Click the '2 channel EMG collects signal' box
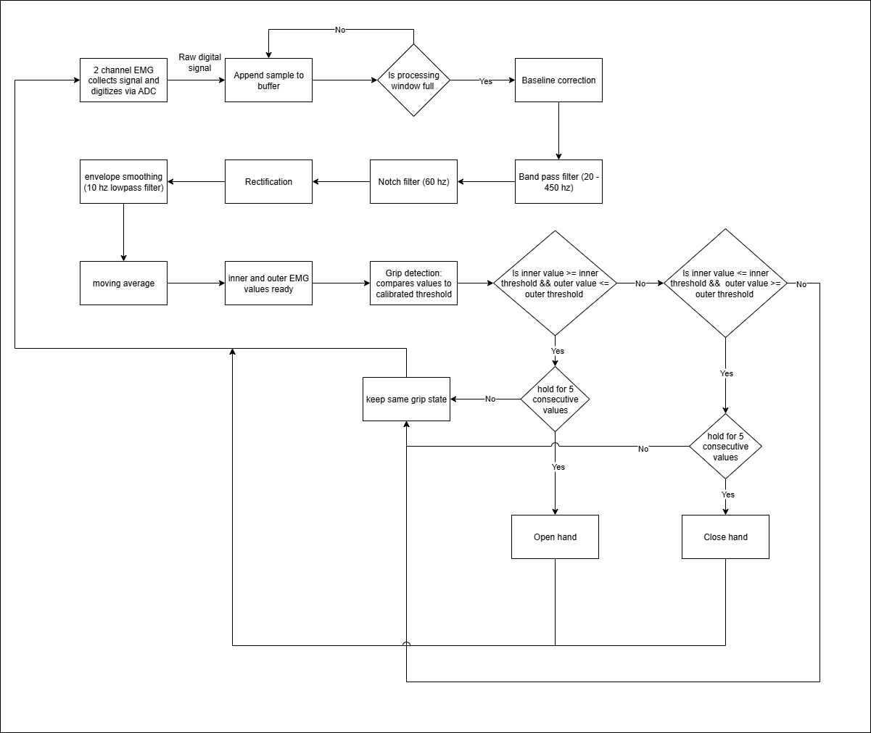pyautogui.click(x=123, y=80)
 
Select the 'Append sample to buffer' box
pyautogui.click(x=268, y=80)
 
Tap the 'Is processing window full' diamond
pyautogui.click(x=413, y=80)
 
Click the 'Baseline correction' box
pyautogui.click(x=558, y=80)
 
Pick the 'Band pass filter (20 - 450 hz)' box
pyautogui.click(x=558, y=182)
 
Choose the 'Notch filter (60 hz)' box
pyautogui.click(x=413, y=182)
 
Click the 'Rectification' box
pyautogui.click(x=268, y=182)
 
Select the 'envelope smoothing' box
pyautogui.click(x=123, y=182)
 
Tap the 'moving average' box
pyautogui.click(x=123, y=283)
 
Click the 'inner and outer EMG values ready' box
pyautogui.click(x=268, y=283)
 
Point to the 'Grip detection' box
pyautogui.click(x=413, y=283)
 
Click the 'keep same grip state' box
pyautogui.click(x=406, y=399)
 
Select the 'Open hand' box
pyautogui.click(x=555, y=537)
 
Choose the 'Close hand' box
pyautogui.click(x=725, y=537)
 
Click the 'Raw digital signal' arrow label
pyautogui.click(x=200, y=63)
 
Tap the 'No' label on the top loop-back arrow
pyautogui.click(x=340, y=30)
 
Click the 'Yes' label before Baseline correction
pyautogui.click(x=486, y=81)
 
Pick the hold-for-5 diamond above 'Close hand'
pyautogui.click(x=725, y=447)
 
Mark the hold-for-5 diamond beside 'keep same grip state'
pyautogui.click(x=555, y=399)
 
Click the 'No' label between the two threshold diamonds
pyautogui.click(x=640, y=284)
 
